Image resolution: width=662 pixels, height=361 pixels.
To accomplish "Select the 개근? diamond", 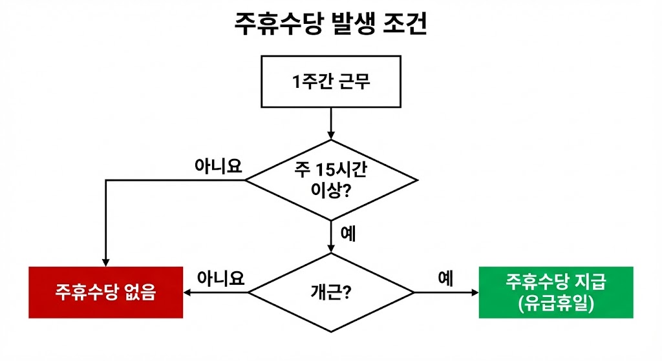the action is tap(331, 293).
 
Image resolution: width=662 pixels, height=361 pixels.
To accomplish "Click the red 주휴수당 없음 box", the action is tap(106, 292).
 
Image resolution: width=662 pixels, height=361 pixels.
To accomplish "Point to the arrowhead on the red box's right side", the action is tap(188, 293).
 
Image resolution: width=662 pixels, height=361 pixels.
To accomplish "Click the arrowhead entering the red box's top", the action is tap(105, 261).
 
